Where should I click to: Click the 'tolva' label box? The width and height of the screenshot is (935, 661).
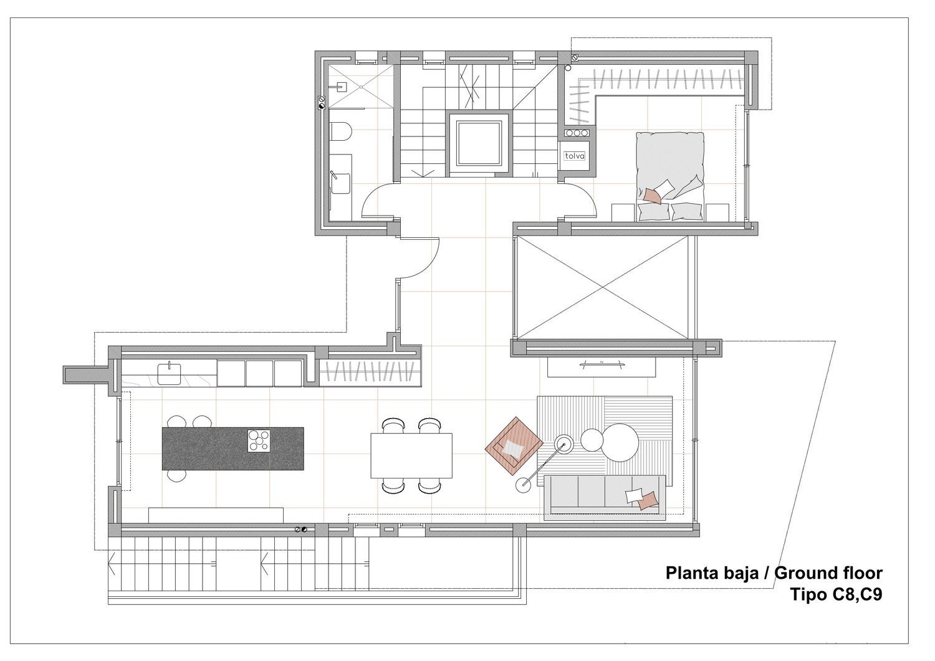coord(574,156)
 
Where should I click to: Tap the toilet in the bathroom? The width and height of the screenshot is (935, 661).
coord(340,133)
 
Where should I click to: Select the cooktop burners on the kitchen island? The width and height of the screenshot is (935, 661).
coord(259,440)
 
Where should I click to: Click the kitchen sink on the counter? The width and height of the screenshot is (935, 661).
coord(169,373)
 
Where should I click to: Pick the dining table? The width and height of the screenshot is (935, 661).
coord(411,455)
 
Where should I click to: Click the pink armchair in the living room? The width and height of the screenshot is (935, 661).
coord(514,445)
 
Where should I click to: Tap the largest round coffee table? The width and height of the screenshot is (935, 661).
coord(620,442)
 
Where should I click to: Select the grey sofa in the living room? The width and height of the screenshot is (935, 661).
coord(605,498)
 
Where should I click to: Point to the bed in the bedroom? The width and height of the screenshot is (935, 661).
coord(669,176)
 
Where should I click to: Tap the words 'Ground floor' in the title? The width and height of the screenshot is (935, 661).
coord(828,573)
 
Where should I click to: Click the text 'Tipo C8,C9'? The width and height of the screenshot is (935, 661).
coord(837,594)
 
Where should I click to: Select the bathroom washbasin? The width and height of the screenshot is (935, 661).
coord(340,183)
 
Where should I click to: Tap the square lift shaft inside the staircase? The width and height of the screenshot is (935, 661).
coord(479,143)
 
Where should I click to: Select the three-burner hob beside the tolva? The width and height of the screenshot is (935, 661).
coord(577,133)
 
